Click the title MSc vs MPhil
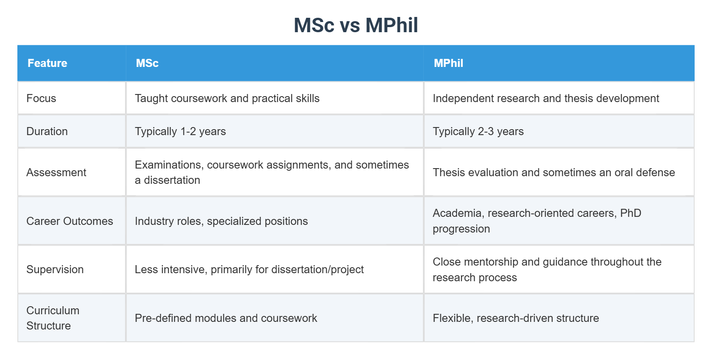pos(356,25)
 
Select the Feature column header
pos(47,63)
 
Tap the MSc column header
pos(147,63)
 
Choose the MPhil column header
pos(448,63)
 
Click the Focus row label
pos(41,98)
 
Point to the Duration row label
pos(47,131)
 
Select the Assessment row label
pos(56,172)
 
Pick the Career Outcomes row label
pos(70,221)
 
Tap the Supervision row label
pos(55,269)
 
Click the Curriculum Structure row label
pos(53,318)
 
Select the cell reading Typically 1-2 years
pos(180,131)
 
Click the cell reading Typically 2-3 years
pos(478,131)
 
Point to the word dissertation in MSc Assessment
pos(172,180)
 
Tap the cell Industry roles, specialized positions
pos(221,221)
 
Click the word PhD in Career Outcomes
pos(631,213)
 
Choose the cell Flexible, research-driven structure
pos(516,318)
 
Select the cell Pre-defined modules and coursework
pos(226,318)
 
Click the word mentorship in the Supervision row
pos(491,262)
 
